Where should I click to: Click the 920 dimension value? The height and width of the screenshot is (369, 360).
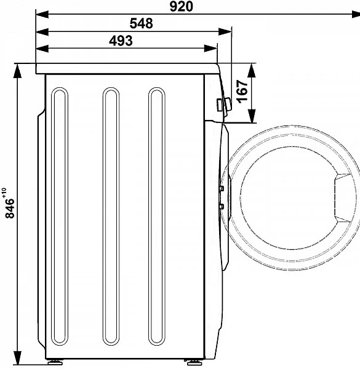181,6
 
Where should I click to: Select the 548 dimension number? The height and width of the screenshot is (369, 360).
142,23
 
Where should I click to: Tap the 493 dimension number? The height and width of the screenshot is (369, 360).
121,41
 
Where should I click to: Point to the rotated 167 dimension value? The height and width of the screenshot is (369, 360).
242,92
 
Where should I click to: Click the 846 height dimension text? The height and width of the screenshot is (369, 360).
10,208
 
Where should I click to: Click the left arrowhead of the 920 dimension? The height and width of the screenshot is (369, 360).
42,14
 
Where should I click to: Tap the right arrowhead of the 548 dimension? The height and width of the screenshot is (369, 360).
225,31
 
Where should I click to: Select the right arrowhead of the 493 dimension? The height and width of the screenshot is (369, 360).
210,49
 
